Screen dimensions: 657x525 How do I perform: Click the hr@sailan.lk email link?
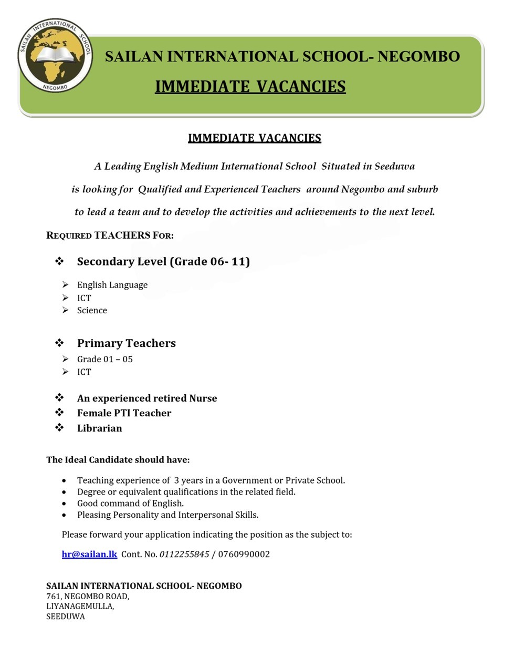[89, 554]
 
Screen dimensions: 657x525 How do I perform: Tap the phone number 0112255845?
[184, 554]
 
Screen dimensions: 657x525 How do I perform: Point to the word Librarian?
[99, 428]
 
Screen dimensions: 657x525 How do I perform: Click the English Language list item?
[112, 285]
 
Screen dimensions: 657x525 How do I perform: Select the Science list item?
[92, 310]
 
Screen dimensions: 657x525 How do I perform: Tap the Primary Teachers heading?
[126, 343]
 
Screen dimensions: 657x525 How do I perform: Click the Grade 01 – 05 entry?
[104, 359]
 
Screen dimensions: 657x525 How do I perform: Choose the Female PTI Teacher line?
[124, 413]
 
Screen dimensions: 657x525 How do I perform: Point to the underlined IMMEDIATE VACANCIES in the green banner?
[250, 86]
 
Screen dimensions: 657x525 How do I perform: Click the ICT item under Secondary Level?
[84, 297]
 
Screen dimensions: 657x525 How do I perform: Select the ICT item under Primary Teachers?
[84, 372]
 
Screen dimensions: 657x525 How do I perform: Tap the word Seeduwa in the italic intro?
[394, 166]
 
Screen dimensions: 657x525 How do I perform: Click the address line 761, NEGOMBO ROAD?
[88, 596]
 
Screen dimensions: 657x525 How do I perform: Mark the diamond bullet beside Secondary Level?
[59, 261]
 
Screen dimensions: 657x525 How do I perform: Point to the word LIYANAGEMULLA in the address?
[79, 606]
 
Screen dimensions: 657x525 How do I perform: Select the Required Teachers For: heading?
[110, 235]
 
